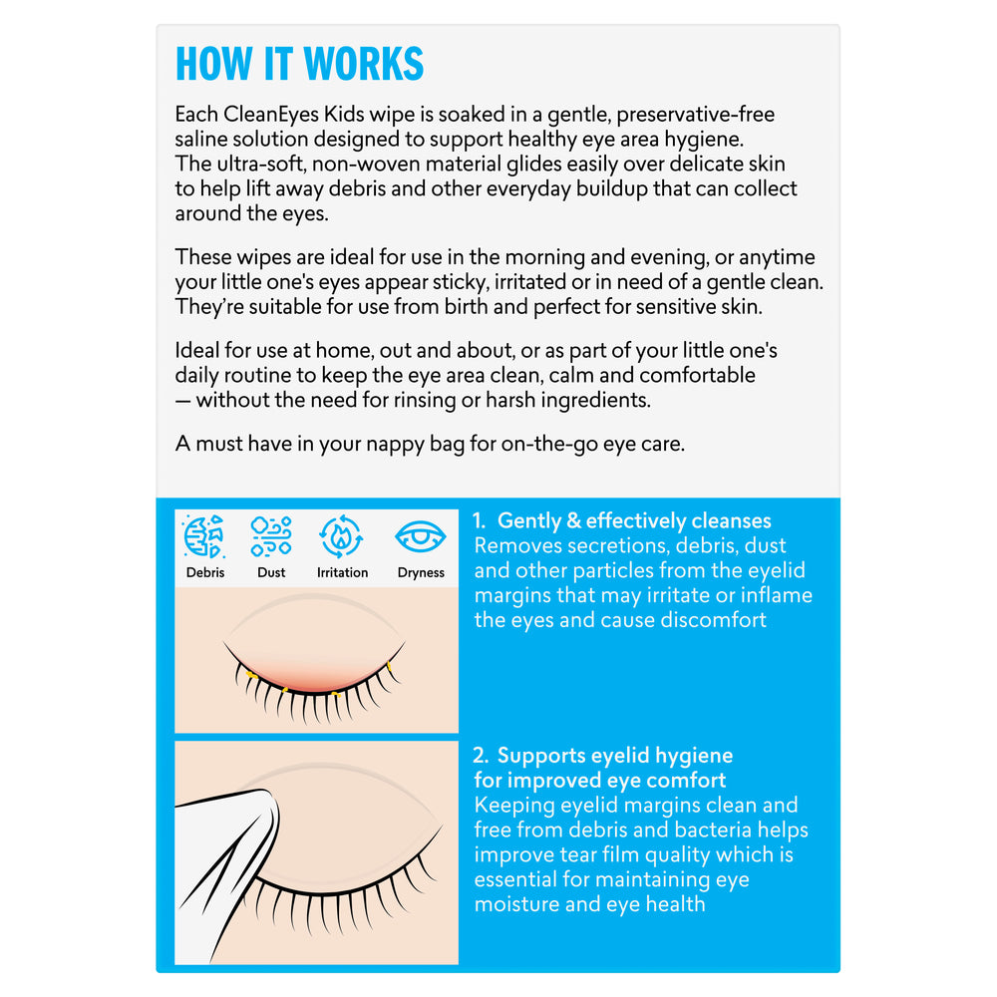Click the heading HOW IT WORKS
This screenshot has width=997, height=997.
tap(299, 64)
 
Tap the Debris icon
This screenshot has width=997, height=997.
tap(204, 537)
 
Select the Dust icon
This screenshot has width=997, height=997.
tap(271, 536)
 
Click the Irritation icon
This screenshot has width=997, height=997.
tap(342, 536)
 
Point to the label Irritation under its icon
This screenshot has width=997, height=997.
tap(342, 573)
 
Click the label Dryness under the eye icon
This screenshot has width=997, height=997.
tap(421, 573)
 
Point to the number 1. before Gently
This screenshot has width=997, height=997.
tap(481, 521)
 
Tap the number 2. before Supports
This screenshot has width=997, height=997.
tap(481, 756)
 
